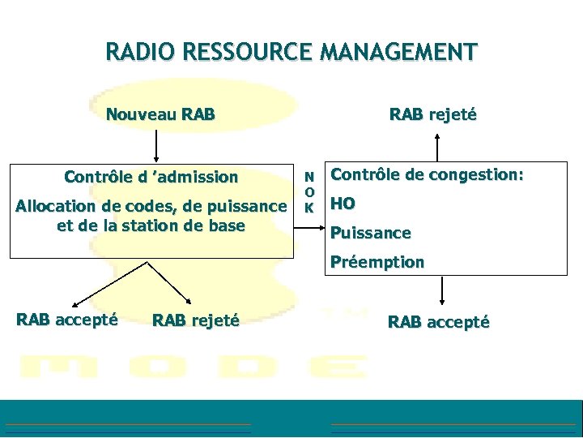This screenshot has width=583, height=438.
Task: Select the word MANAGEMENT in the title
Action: pyautogui.click(x=398, y=54)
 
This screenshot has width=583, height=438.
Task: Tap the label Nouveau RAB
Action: pyautogui.click(x=160, y=114)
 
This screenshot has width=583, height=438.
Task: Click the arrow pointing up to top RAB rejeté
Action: pyautogui.click(x=438, y=147)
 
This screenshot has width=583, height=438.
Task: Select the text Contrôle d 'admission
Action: pyautogui.click(x=151, y=177)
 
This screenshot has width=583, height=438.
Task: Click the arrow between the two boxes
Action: pyautogui.click(x=309, y=230)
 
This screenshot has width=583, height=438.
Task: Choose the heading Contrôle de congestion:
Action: pyautogui.click(x=428, y=174)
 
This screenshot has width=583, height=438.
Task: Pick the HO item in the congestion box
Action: pyautogui.click(x=343, y=204)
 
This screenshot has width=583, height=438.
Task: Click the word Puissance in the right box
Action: pyautogui.click(x=371, y=234)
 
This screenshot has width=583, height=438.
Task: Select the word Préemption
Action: pyautogui.click(x=377, y=262)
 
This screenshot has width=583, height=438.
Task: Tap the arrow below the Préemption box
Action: pyautogui.click(x=442, y=290)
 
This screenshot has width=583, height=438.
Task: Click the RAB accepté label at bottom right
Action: pyautogui.click(x=438, y=322)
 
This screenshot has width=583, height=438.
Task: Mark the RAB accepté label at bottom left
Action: pyautogui.click(x=67, y=320)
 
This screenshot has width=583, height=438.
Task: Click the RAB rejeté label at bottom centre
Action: pyautogui.click(x=195, y=320)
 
